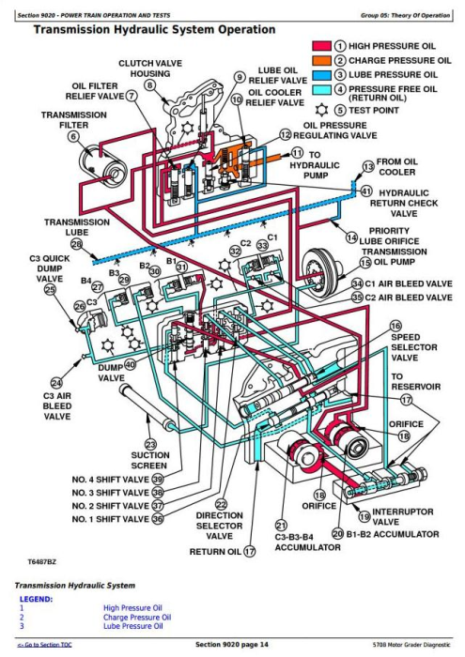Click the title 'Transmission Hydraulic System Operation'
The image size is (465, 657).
point(154,30)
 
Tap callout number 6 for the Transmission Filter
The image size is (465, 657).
point(74,135)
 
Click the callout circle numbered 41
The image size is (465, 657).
point(366,191)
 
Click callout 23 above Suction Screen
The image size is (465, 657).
point(149,444)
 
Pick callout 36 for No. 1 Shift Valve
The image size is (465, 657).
point(158,518)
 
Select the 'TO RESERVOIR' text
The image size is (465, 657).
point(415,381)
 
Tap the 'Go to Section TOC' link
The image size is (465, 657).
point(38,646)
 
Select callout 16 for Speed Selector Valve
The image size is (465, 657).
point(395,326)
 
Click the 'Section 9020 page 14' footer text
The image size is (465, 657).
point(232,646)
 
